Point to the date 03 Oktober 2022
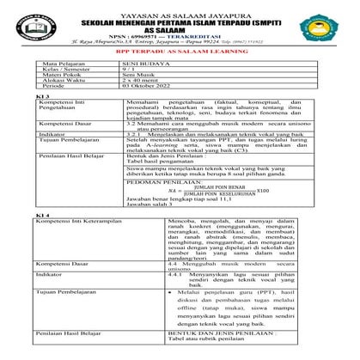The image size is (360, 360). (152, 88)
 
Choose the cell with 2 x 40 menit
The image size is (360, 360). (141, 82)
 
